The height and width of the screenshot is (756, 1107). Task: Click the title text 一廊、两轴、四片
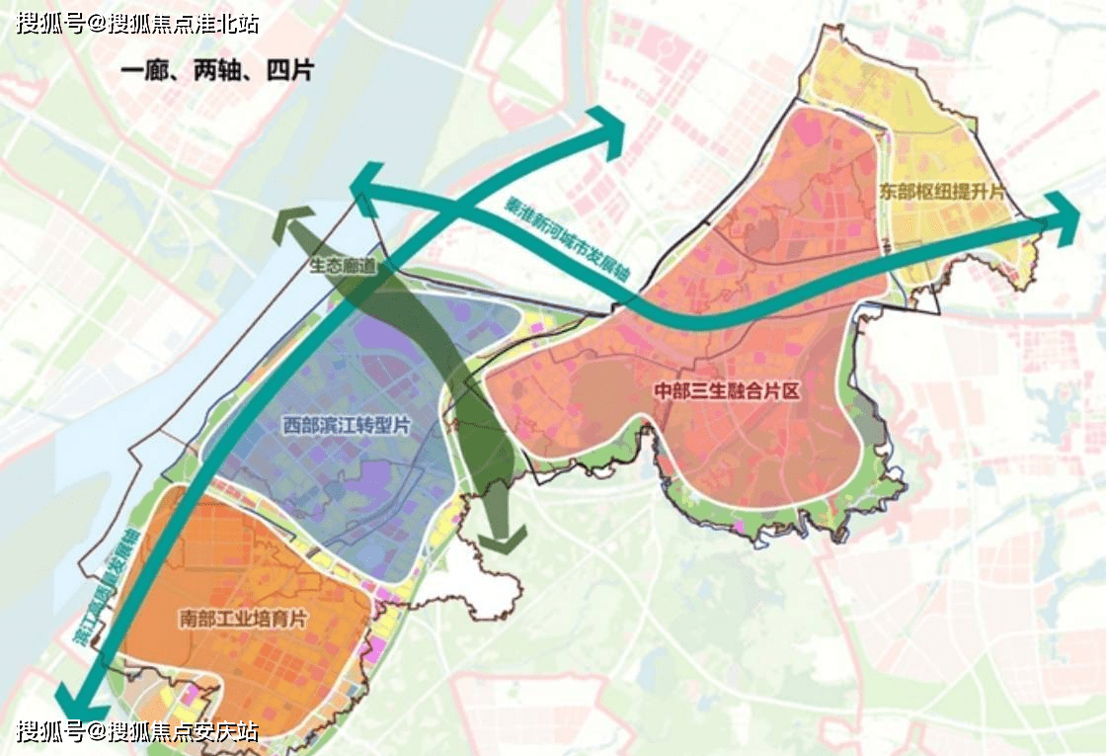[x=216, y=73]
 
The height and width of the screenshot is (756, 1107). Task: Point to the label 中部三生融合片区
[x=727, y=391]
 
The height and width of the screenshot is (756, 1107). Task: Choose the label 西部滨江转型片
[x=347, y=426]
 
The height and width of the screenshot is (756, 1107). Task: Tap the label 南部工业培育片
[x=244, y=620]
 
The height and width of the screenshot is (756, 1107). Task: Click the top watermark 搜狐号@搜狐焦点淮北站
[x=137, y=23]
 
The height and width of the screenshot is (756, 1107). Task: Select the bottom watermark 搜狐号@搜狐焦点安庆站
[x=137, y=732]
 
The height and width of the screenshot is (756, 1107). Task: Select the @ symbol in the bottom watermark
[x=97, y=732]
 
